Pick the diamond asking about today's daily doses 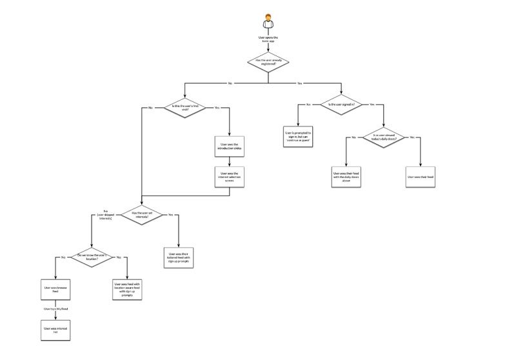point(384,138)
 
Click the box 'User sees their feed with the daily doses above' point(346,176)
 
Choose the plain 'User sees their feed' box point(421,176)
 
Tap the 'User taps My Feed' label point(55,310)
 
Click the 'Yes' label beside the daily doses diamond point(412,137)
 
